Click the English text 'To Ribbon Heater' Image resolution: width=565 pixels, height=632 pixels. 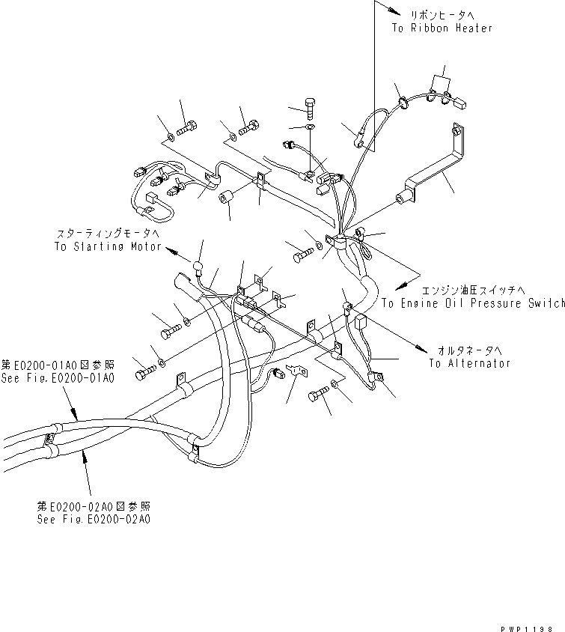click(x=442, y=28)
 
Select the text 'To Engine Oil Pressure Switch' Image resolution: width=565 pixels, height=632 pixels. click(x=472, y=303)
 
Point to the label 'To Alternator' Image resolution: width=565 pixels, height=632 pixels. click(x=469, y=363)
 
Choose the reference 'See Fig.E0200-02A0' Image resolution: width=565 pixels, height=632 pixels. click(x=94, y=518)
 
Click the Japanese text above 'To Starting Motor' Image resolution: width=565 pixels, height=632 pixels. click(x=106, y=233)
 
